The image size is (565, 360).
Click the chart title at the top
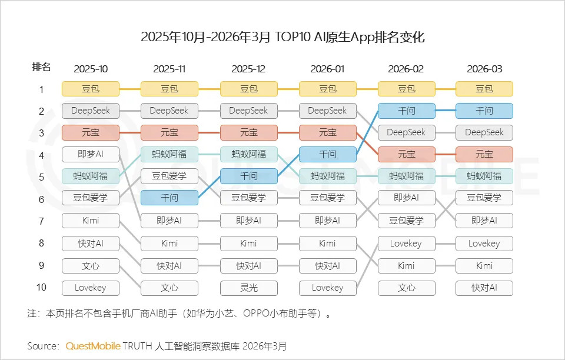(x=282, y=37)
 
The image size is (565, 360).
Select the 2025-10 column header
(x=91, y=69)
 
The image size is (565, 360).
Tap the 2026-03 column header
(x=484, y=69)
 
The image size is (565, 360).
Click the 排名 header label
(x=41, y=67)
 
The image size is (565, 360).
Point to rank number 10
(x=41, y=287)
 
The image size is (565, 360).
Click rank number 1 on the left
(x=41, y=89)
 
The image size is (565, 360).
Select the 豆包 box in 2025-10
(x=91, y=89)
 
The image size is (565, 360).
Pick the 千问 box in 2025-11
(x=169, y=198)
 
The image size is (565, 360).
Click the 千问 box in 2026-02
(x=406, y=111)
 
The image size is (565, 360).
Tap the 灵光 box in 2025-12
(x=248, y=288)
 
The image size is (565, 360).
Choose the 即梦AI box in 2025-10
(x=91, y=155)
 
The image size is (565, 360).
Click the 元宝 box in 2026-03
(x=484, y=154)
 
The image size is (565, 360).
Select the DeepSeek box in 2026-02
(x=406, y=132)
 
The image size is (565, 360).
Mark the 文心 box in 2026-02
(x=406, y=288)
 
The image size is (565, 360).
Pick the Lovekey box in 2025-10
(x=91, y=288)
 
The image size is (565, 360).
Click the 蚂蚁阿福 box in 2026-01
(x=327, y=176)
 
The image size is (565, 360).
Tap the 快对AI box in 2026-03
(x=484, y=288)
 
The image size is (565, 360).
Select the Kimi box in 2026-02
(x=406, y=265)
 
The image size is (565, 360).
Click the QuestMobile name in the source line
(x=93, y=345)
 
